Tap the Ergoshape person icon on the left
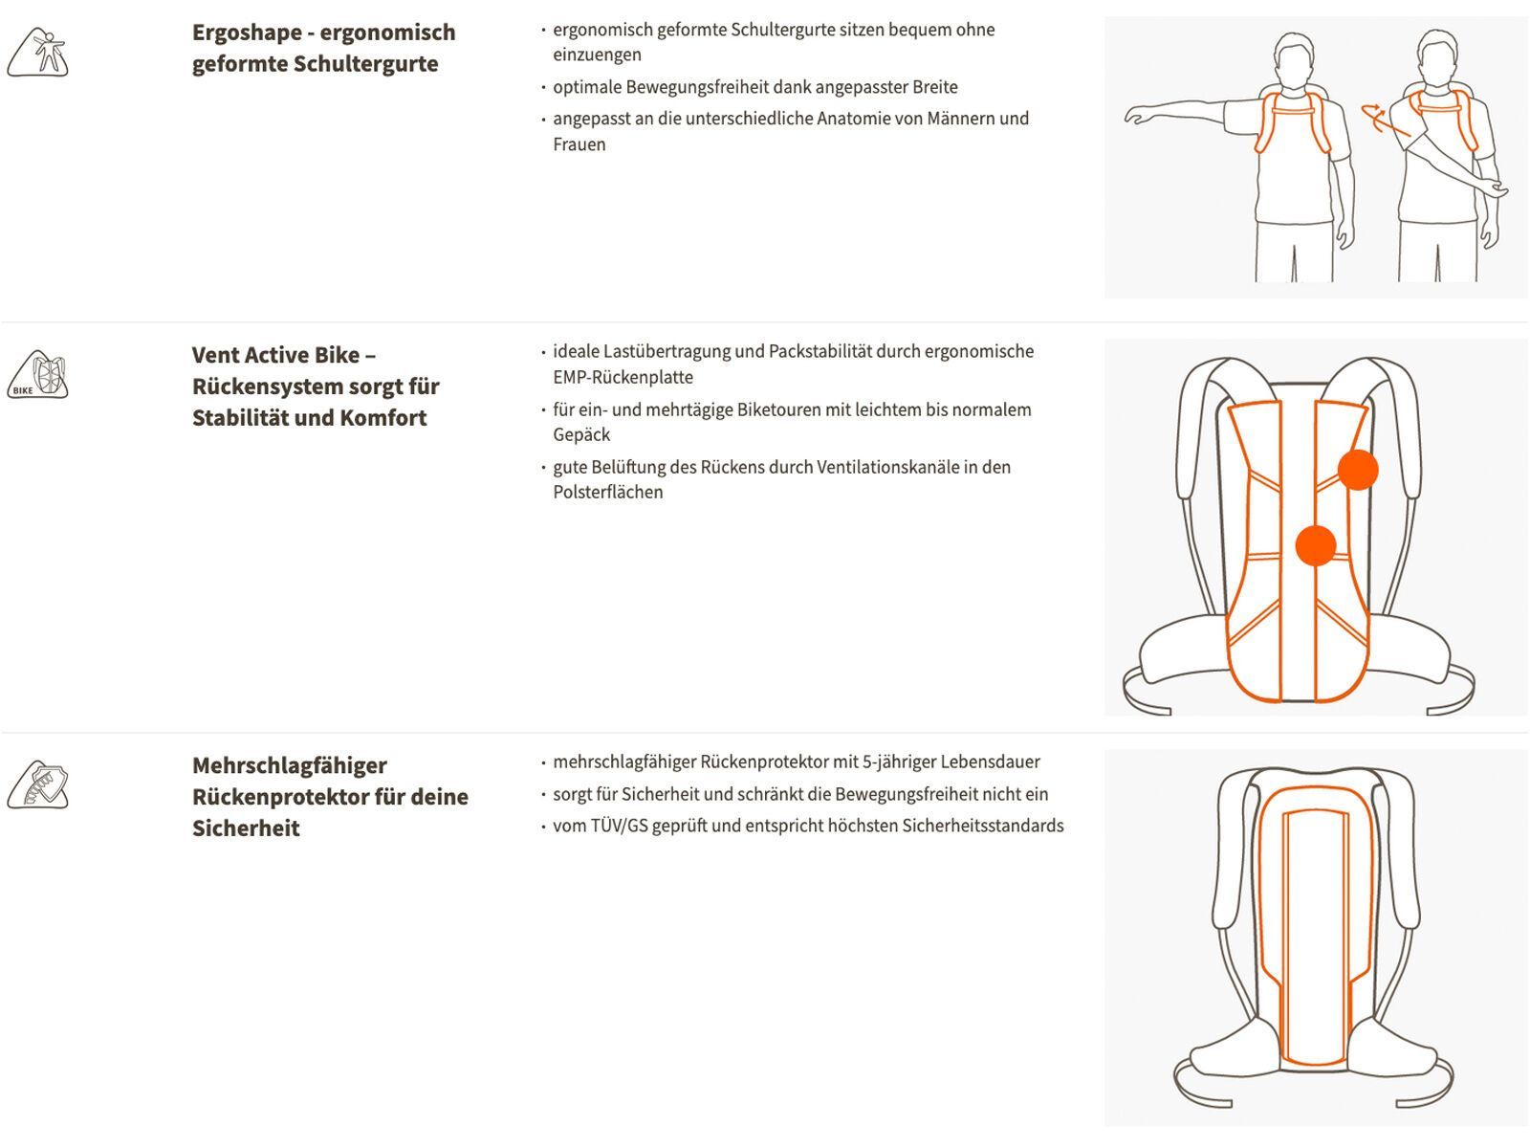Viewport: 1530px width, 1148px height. click(x=38, y=53)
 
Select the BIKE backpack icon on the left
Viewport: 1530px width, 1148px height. click(x=38, y=374)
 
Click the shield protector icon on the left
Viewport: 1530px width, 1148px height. click(x=38, y=785)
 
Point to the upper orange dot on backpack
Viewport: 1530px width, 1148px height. click(x=1357, y=470)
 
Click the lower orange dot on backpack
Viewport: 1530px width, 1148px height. click(x=1315, y=545)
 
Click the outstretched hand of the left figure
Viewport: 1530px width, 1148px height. click(x=1138, y=117)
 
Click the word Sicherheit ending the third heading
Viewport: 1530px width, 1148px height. click(x=246, y=828)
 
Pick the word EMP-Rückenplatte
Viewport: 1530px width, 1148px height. click(x=623, y=377)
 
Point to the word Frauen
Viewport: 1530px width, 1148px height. click(x=579, y=144)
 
